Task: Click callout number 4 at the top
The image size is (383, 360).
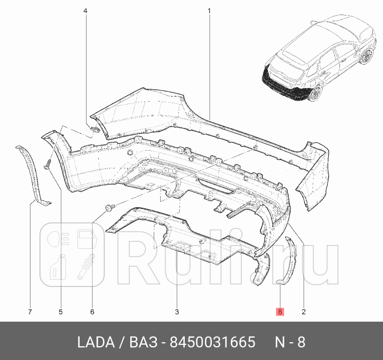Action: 85,11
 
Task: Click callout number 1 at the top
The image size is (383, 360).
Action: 209,11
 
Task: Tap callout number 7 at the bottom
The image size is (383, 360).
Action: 30,312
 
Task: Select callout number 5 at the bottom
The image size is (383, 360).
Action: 61,312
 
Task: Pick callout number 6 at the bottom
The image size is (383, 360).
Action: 92,312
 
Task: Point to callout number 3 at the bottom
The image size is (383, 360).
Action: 177,312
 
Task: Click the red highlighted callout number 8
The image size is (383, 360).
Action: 280,312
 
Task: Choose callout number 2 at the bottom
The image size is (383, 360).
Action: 304,312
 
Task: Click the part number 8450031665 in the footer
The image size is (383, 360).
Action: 212,342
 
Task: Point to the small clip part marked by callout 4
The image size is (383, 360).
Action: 94,129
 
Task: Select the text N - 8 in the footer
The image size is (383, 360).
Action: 290,342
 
